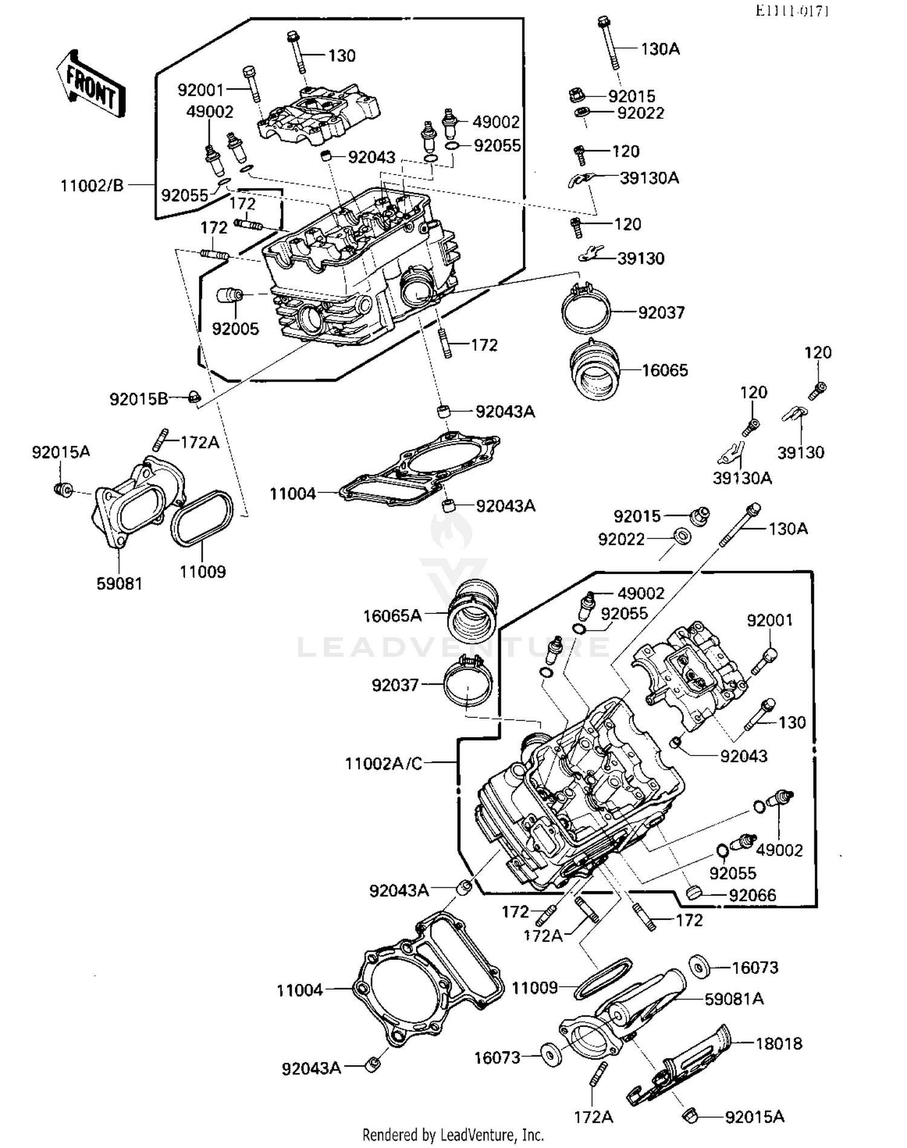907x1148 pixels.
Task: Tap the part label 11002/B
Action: [92, 186]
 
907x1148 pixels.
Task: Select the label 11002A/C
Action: [383, 763]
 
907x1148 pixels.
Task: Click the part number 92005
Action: [235, 329]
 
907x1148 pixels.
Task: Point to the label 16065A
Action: [392, 616]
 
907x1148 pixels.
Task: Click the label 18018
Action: [779, 1043]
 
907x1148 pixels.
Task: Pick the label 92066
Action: [752, 895]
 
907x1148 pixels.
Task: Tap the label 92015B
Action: [138, 399]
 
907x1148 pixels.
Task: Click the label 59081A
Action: [733, 999]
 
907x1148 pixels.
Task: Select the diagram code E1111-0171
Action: [792, 11]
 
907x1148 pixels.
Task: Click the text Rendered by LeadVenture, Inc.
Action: [453, 1135]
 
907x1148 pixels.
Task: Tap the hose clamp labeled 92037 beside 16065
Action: [585, 309]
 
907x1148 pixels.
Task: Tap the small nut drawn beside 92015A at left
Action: [62, 489]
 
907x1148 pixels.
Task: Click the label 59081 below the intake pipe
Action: [119, 584]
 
